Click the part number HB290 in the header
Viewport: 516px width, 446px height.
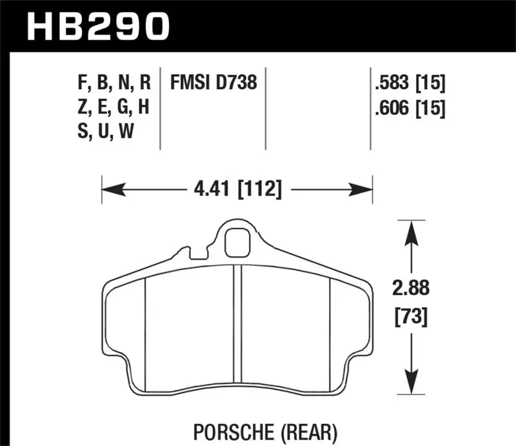click(x=97, y=26)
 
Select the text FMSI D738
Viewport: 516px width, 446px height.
click(x=213, y=83)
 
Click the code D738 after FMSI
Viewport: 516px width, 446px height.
click(x=236, y=83)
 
